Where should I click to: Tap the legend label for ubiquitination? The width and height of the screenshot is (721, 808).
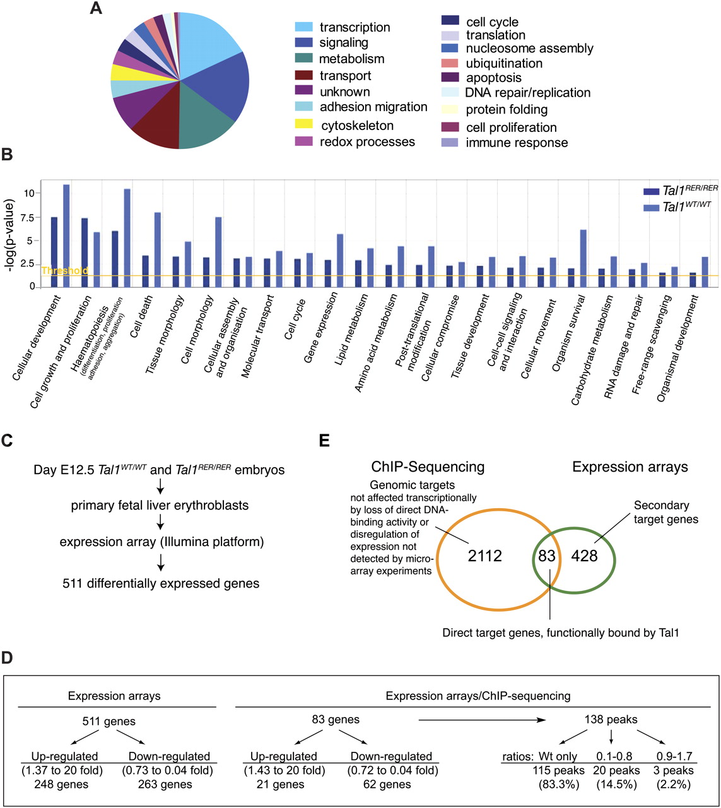503,63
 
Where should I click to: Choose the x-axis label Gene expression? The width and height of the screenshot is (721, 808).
322,319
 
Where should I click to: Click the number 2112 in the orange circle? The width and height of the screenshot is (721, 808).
485,555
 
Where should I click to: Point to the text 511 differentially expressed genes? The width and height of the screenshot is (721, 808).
161,583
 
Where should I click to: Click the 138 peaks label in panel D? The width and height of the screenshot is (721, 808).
609,719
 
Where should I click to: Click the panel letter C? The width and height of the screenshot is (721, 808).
8,440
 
